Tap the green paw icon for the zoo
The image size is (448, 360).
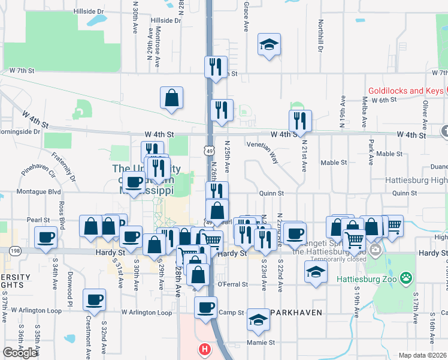coord(407,278)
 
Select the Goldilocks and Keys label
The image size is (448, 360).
coord(404,91)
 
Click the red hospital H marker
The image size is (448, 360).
coord(205,349)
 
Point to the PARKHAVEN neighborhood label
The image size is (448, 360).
coord(296,313)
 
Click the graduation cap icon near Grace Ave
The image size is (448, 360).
coord(269,44)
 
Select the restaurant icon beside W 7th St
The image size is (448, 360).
coord(215,67)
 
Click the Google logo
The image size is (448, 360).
coord(20,352)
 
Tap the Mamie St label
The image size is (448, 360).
coord(261,343)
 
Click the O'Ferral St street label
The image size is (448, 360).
coord(232,284)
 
